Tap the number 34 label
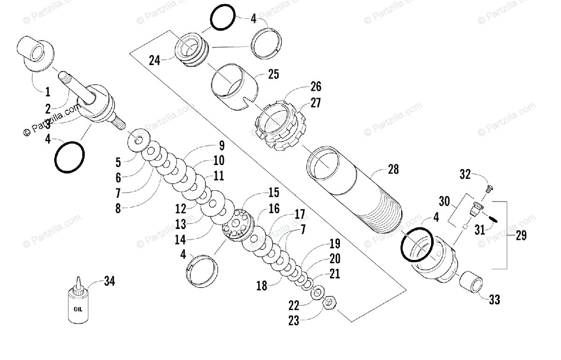(109, 281)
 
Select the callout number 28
(393, 169)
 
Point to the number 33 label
(494, 300)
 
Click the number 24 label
(155, 60)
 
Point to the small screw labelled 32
(489, 188)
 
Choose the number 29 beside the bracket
(521, 235)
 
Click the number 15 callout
(273, 192)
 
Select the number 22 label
(293, 305)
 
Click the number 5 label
(118, 162)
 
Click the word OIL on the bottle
(78, 309)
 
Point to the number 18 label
(262, 286)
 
